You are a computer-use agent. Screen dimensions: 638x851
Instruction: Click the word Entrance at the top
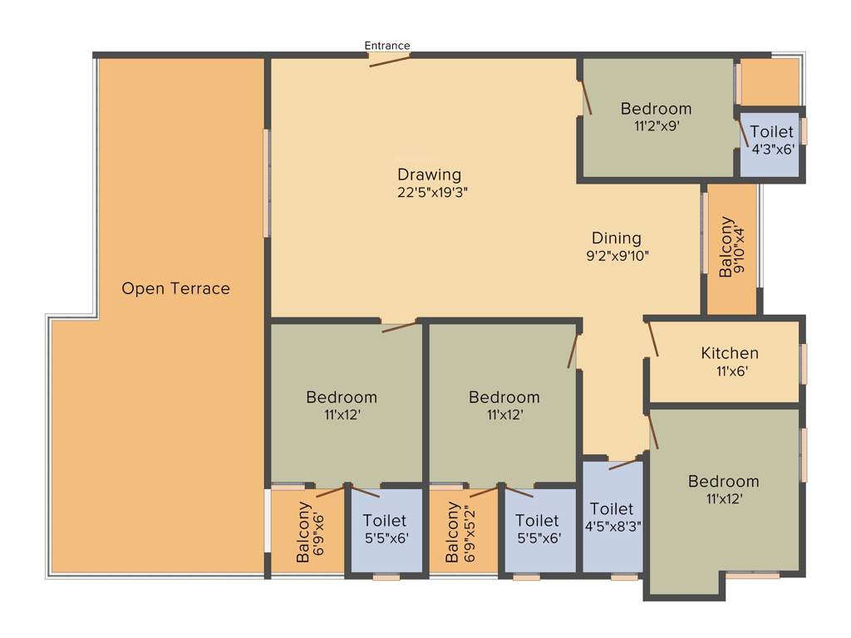[387, 46]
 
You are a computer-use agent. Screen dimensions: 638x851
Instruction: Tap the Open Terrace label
[175, 289]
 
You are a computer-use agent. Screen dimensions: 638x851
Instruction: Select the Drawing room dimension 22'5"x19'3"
[429, 192]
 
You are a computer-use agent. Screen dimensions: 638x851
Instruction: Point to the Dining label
[616, 238]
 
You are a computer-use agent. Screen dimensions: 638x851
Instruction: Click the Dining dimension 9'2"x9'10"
[616, 256]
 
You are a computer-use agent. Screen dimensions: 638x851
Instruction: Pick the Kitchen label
[729, 354]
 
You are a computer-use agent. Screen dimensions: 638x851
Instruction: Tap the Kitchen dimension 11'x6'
[729, 371]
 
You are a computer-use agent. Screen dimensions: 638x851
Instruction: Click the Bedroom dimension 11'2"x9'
[656, 127]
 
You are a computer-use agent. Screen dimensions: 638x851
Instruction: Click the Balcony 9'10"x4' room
[731, 249]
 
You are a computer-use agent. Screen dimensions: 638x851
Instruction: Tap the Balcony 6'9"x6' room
[307, 532]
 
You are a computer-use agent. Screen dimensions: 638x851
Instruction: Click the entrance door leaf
[389, 61]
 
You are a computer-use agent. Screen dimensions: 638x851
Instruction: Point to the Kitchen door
[653, 339]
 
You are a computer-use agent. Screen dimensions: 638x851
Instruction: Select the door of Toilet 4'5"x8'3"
[622, 463]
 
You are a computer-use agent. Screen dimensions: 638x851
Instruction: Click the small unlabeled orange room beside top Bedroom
[769, 82]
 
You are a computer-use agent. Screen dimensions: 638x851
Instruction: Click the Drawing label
[429, 174]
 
